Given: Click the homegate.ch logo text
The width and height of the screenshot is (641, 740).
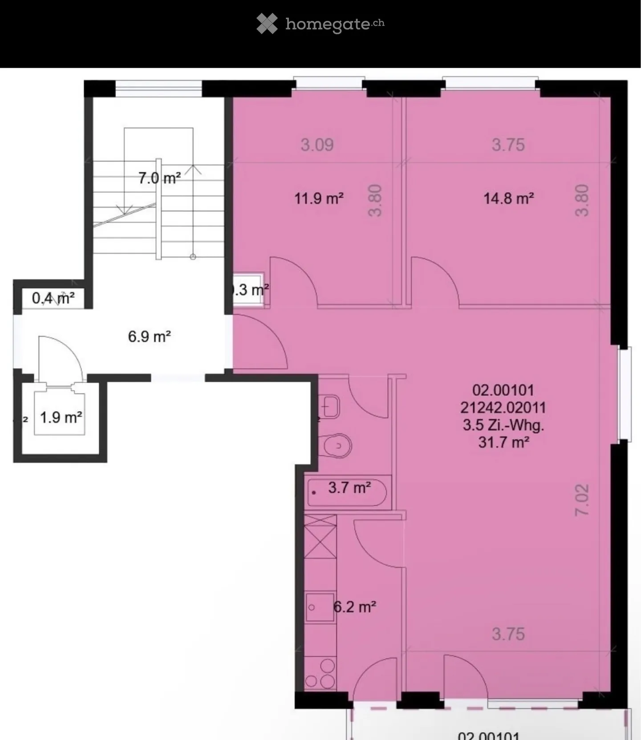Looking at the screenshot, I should click(334, 24).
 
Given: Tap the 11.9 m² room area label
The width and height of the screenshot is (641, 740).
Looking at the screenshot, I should click(319, 198).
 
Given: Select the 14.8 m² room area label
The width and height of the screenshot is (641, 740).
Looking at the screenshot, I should click(509, 198).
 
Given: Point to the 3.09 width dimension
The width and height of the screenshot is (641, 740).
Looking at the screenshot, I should click(317, 145).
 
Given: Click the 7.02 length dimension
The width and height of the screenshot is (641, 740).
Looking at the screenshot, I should click(582, 500).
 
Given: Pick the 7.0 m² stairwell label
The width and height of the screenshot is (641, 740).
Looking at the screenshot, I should click(159, 178).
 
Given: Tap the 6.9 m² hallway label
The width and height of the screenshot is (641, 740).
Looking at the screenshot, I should click(149, 336).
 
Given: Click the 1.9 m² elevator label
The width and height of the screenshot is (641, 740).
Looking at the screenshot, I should click(61, 417).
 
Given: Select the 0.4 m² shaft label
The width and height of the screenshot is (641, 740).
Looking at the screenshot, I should click(53, 298).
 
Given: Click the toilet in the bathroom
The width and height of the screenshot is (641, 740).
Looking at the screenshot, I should click(336, 445).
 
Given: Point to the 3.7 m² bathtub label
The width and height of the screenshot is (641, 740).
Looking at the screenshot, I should click(349, 488).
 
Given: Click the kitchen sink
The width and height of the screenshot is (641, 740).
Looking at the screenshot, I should click(320, 607).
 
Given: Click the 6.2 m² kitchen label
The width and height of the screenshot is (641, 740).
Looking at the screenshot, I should click(355, 607).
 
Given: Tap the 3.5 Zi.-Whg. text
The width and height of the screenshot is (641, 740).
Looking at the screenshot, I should click(503, 425).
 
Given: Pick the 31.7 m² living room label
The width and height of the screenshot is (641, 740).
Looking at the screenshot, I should click(503, 442).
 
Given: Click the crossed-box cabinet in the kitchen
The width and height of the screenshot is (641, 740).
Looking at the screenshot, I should click(320, 537).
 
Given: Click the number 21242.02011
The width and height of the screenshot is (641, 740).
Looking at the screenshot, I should click(503, 408).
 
